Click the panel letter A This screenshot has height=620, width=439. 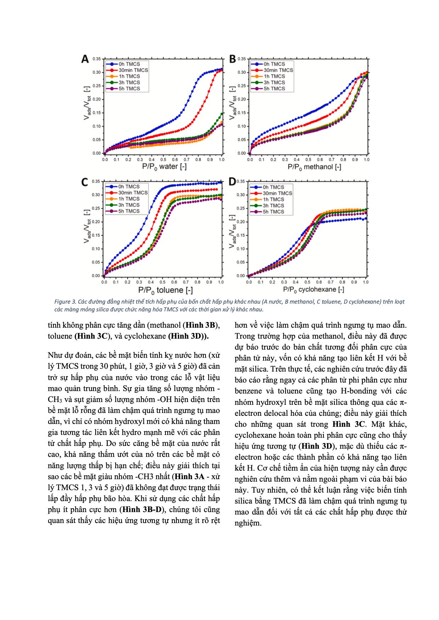coord(85,59)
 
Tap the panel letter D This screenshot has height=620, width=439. coord(232,182)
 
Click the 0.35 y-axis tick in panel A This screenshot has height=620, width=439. coord(97,59)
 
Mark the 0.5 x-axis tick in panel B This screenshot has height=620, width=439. coord(308,160)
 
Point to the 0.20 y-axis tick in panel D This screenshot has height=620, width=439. coord(241,222)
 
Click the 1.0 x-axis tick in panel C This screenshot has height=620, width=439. coord(220,282)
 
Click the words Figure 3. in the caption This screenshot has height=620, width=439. coord(64,302)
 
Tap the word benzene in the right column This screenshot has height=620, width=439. coord(248,391)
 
